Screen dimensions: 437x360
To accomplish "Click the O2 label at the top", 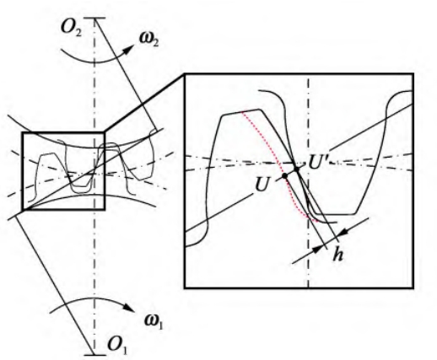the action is click(x=72, y=29).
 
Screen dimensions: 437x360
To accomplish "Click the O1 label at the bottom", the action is click(x=117, y=345).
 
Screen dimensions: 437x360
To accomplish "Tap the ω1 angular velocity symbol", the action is click(x=154, y=321).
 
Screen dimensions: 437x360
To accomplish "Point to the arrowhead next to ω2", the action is click(x=128, y=50).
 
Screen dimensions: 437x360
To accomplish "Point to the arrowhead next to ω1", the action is click(x=130, y=308).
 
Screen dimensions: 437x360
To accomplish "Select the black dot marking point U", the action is click(x=284, y=175).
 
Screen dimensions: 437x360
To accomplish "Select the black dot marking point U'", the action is click(x=296, y=169).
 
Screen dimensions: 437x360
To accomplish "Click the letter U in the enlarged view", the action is click(x=261, y=185).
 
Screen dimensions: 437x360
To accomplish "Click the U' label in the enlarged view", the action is click(x=318, y=163).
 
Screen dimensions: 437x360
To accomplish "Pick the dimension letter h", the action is click(x=337, y=255).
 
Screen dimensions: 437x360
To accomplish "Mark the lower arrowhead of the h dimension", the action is click(x=317, y=250).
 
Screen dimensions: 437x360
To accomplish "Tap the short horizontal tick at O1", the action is click(x=94, y=355).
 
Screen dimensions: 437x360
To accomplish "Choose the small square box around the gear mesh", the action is click(x=22, y=171).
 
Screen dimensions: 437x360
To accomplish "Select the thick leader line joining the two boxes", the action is click(x=144, y=103).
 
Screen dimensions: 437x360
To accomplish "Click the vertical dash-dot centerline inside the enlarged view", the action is click(x=309, y=183).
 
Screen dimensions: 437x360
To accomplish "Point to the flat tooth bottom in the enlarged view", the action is click(x=335, y=214).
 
